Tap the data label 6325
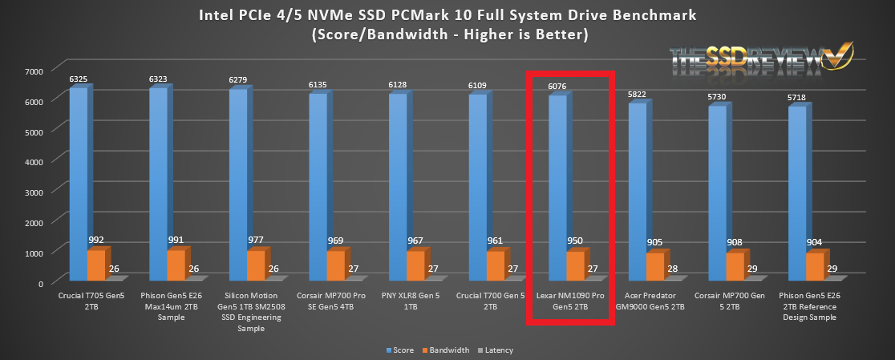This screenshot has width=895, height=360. (78, 79)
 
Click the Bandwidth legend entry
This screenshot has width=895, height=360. (448, 350)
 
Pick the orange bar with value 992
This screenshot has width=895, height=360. (96, 264)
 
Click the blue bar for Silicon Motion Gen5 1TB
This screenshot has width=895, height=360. (238, 184)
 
